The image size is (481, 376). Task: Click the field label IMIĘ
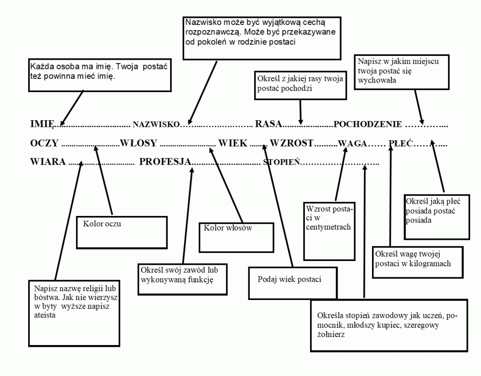tap(42, 124)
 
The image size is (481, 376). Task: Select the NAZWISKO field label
tap(156, 124)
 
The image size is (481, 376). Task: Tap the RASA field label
tap(268, 124)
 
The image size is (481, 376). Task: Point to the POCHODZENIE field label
tap(367, 124)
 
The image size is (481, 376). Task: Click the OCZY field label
tap(44, 143)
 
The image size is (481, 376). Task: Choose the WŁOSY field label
tap(139, 143)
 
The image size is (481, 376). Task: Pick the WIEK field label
tap(233, 143)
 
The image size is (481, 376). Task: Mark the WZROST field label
tap(291, 143)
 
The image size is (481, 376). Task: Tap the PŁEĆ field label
tap(401, 143)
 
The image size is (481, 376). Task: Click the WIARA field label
tap(48, 161)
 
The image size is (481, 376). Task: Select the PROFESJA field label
tap(165, 161)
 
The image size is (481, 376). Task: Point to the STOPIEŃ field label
tap(281, 162)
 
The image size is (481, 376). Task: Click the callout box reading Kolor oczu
tap(122, 217)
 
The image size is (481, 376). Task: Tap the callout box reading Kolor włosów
tap(236, 223)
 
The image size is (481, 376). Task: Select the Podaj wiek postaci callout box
tap(293, 268)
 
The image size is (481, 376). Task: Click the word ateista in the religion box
tap(45, 315)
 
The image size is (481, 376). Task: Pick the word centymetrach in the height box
tap(328, 227)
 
